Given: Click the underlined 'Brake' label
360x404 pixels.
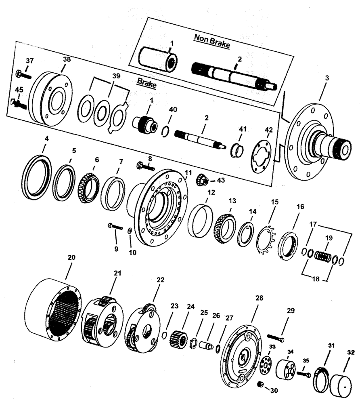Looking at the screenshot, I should point(147,81).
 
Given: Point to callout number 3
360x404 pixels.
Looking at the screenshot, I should point(327,78).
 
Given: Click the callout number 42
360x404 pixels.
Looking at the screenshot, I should point(269,130).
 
